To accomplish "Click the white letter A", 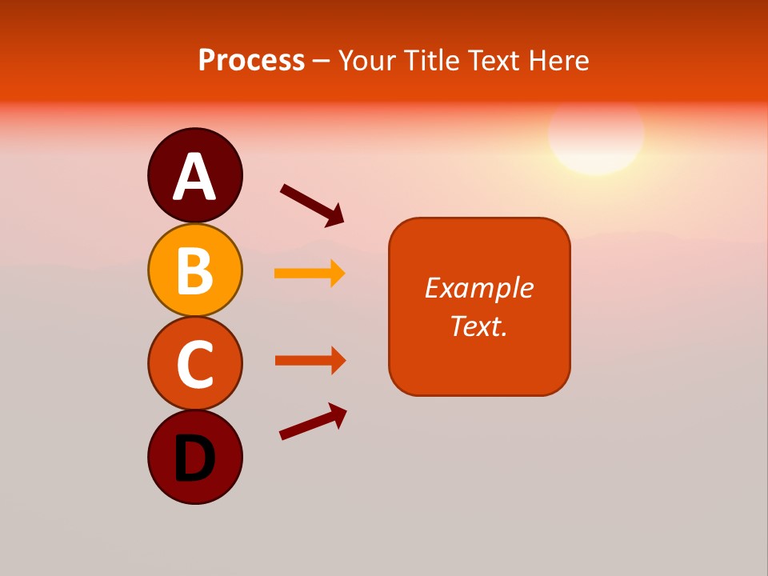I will coord(195,178).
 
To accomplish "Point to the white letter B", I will coord(195,271).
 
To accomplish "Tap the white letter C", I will coord(195,365).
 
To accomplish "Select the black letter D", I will coord(195,458).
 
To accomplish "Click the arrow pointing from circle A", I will coord(312,203).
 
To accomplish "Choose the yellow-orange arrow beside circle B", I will coord(310,274).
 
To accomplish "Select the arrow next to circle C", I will coord(310,360).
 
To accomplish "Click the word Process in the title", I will coord(251,61).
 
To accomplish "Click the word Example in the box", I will coord(479,288).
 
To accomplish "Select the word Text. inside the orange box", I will coord(479,326).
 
